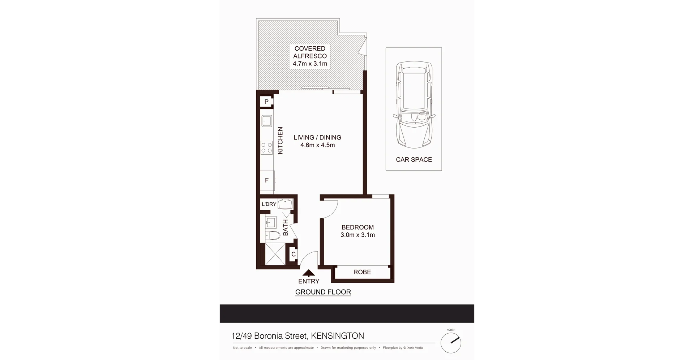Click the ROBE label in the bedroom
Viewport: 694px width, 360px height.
[362, 272]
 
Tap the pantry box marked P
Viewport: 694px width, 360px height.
[266, 102]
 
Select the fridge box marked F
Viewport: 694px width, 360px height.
[267, 180]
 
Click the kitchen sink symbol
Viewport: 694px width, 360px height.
[267, 121]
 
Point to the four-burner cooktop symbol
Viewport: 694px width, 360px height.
[267, 147]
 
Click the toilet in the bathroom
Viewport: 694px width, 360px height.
[273, 236]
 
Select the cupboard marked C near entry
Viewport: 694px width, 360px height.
[294, 254]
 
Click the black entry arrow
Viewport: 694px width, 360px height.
[308, 273]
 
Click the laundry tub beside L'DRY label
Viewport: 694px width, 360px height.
[285, 204]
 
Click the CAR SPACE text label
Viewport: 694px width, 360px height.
[414, 159]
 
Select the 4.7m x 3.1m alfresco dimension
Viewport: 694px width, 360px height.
[310, 64]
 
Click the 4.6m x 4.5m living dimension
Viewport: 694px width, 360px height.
[317, 145]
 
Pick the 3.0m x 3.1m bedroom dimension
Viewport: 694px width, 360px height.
[357, 235]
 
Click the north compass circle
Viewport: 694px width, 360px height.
[451, 343]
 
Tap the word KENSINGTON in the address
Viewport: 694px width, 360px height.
[337, 336]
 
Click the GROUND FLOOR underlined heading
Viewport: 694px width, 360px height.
[323, 292]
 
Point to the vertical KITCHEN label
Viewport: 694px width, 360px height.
[280, 141]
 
